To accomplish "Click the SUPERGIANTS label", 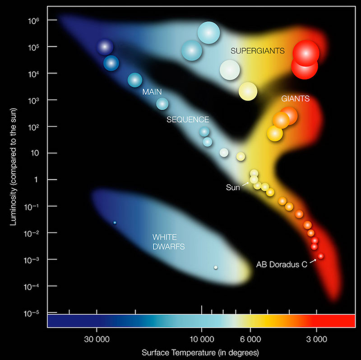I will [x=257, y=51].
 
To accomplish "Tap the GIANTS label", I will [x=295, y=98].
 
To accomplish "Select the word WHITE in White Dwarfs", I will [x=164, y=237].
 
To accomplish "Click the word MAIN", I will [x=152, y=92].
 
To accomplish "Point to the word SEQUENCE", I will [x=188, y=120].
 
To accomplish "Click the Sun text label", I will [x=233, y=187].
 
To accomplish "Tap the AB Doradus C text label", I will [x=282, y=265].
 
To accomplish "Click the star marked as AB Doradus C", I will [x=320, y=256].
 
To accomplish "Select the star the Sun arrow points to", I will [x=254, y=180].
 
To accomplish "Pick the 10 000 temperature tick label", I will [x=201, y=339].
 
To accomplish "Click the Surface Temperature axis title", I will [x=200, y=352].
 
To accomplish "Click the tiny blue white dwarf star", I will [x=115, y=222].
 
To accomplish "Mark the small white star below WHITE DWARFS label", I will [x=216, y=267].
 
